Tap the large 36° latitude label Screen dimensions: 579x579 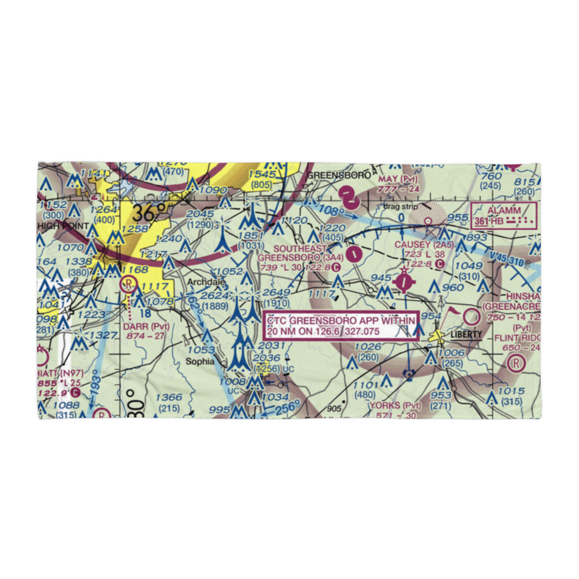(x=145, y=213)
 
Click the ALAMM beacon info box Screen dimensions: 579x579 (x=504, y=215)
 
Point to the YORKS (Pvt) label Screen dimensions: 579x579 (x=396, y=405)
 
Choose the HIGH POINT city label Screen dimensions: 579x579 (x=64, y=225)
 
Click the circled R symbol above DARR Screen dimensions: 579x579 (x=127, y=284)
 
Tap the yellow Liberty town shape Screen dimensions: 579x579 (x=438, y=335)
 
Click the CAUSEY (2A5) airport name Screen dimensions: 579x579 (x=419, y=245)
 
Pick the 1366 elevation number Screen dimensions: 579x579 (x=169, y=397)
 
